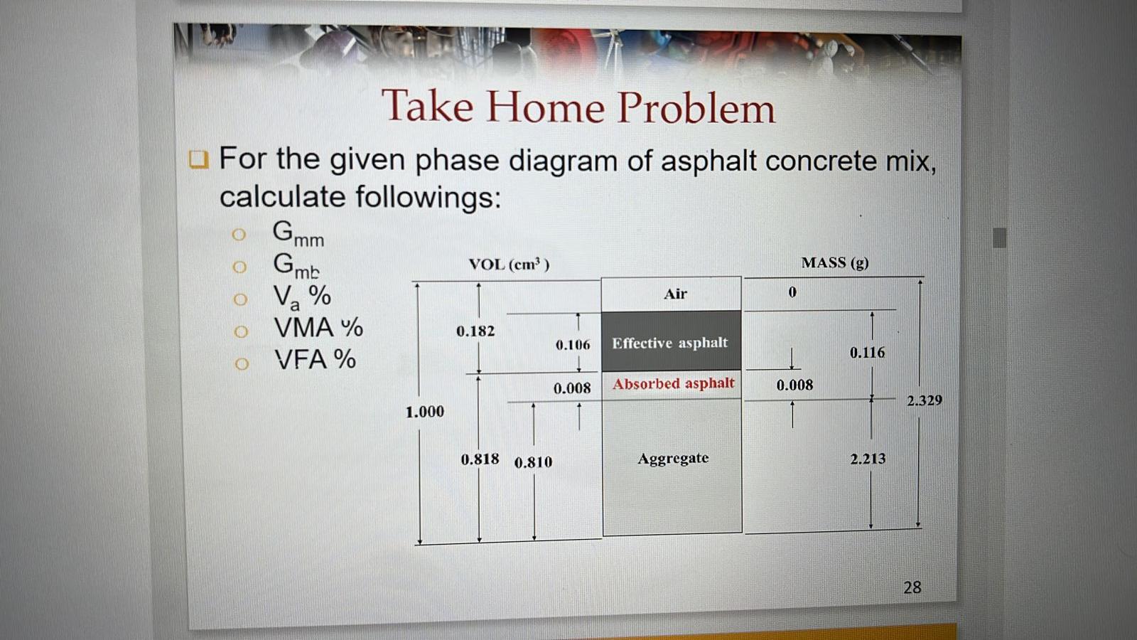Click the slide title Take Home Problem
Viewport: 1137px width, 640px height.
click(x=578, y=107)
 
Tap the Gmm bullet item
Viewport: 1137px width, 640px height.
click(x=298, y=234)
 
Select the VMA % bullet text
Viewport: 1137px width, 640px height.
click(x=319, y=328)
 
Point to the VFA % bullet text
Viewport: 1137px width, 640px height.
click(x=316, y=360)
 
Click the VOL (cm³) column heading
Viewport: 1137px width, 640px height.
click(x=509, y=265)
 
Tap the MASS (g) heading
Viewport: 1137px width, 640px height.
click(x=835, y=262)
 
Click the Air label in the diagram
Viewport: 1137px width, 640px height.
click(x=675, y=294)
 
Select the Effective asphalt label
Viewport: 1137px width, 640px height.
click(x=670, y=343)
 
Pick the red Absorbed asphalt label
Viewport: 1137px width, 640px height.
click(x=674, y=383)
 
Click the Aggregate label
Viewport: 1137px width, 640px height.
click(x=673, y=459)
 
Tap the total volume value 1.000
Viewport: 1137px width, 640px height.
click(x=425, y=412)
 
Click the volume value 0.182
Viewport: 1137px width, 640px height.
click(x=475, y=331)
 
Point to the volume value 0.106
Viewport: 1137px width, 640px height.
click(x=573, y=346)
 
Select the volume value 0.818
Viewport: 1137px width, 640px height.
click(x=480, y=459)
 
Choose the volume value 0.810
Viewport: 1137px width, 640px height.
click(x=534, y=462)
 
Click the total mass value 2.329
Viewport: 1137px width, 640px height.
click(x=925, y=400)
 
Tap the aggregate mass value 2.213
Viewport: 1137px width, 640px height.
click(x=868, y=459)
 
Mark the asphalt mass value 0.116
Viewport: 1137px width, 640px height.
click(x=868, y=353)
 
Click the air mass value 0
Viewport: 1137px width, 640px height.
click(x=792, y=292)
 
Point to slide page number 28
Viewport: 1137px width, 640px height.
click(x=912, y=587)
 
